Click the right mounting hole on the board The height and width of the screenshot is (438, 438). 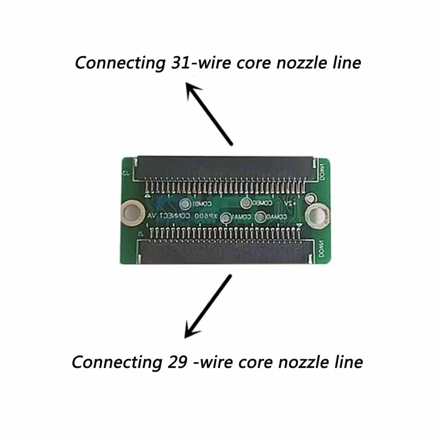[316, 215]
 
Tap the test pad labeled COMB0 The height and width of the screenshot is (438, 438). [247, 203]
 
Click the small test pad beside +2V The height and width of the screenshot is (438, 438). [311, 198]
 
